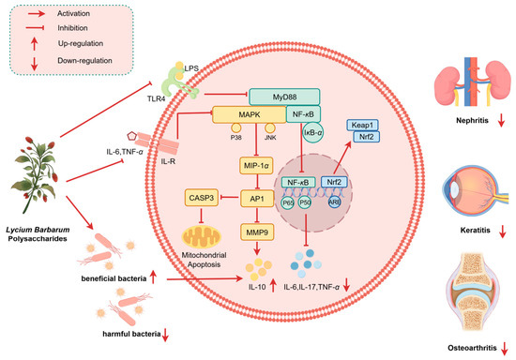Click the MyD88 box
(x=284, y=97)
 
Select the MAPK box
(x=250, y=114)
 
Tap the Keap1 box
(x=363, y=125)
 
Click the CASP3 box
(x=202, y=198)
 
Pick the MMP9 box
(x=257, y=232)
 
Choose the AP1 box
(x=257, y=198)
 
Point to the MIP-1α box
(x=257, y=166)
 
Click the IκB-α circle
(x=313, y=132)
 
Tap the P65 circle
(x=288, y=202)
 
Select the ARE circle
(x=334, y=202)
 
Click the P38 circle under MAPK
(x=236, y=127)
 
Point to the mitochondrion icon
(x=201, y=236)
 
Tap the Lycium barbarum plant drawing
(x=36, y=175)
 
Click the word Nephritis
(x=472, y=121)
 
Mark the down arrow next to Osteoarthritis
(x=504, y=349)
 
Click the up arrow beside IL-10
(x=273, y=285)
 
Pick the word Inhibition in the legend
(x=72, y=28)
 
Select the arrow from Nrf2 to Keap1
(x=341, y=157)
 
